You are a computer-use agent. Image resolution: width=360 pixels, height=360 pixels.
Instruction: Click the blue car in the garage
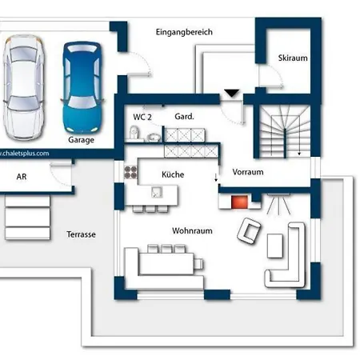(x=82, y=87)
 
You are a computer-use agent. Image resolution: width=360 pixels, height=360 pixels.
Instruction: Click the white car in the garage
(x=23, y=87)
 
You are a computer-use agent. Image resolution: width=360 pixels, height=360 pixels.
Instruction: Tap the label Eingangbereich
(x=184, y=32)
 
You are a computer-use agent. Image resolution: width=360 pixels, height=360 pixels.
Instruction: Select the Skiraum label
(x=293, y=58)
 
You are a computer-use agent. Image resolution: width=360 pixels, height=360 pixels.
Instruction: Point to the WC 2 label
(x=142, y=117)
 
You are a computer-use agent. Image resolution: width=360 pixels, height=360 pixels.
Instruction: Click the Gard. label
(x=184, y=116)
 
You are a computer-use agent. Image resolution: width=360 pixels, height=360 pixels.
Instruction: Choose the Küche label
(x=173, y=174)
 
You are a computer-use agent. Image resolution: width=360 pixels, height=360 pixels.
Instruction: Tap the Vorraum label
(x=248, y=172)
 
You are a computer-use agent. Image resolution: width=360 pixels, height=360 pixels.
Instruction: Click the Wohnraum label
(x=192, y=230)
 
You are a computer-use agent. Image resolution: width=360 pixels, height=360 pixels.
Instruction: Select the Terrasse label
(x=81, y=234)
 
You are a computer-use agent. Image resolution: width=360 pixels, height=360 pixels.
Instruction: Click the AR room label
(x=22, y=177)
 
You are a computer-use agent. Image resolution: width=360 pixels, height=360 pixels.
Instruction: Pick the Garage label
(x=81, y=140)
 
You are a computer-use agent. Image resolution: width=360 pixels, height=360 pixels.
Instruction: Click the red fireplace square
(x=239, y=202)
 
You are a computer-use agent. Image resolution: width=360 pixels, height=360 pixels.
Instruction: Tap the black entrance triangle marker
(x=232, y=93)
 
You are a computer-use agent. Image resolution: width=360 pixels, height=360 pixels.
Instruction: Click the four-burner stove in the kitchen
(x=130, y=172)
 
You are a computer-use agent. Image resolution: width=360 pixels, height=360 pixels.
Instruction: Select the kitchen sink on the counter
(x=157, y=192)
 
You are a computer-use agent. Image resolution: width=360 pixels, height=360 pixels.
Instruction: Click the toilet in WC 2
(x=134, y=133)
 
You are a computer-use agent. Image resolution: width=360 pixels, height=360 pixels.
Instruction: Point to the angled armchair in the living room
(x=249, y=230)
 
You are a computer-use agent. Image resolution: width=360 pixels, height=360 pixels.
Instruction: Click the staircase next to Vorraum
(x=285, y=131)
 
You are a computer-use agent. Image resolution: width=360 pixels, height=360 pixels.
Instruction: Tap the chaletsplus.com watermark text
(x=25, y=154)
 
